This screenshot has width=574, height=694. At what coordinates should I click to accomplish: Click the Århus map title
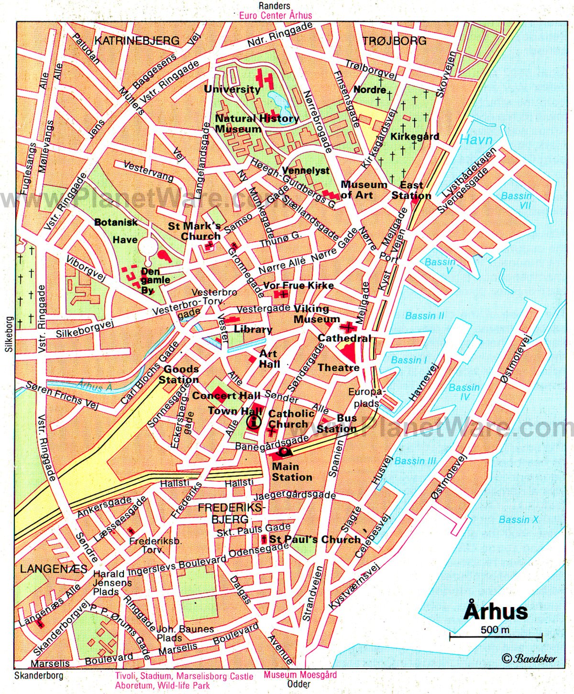[x=496, y=611]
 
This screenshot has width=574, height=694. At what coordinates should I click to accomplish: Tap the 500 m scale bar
[x=495, y=636]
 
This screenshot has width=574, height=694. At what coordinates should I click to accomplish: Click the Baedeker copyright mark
[x=529, y=658]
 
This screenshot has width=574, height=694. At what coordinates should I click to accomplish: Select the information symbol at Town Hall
[x=253, y=422]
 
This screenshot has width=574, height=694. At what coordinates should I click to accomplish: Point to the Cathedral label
[x=344, y=338]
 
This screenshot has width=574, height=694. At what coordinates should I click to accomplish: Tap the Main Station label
[x=292, y=472]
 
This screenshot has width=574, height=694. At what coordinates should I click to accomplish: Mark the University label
[x=232, y=89]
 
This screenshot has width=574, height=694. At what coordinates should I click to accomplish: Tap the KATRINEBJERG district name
[x=137, y=41]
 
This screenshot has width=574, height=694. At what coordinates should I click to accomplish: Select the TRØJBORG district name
[x=395, y=41]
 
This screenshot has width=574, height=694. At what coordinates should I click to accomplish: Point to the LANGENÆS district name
[x=53, y=569]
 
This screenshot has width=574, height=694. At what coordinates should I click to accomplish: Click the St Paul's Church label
[x=315, y=540]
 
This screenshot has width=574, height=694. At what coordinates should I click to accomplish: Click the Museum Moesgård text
[x=300, y=675]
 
